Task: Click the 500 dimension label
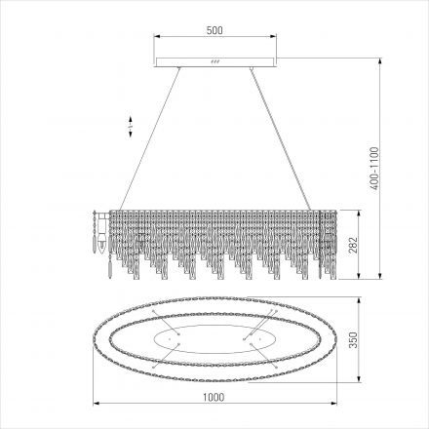[x=214, y=30]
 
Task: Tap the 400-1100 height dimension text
[x=374, y=169]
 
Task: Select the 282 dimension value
[x=353, y=245]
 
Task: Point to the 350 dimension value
[x=353, y=340]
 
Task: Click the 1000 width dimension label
[x=214, y=397]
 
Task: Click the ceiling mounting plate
[x=215, y=62]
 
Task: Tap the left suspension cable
[x=149, y=138]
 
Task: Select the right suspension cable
[x=281, y=138]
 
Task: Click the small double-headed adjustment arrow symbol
[x=131, y=127]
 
